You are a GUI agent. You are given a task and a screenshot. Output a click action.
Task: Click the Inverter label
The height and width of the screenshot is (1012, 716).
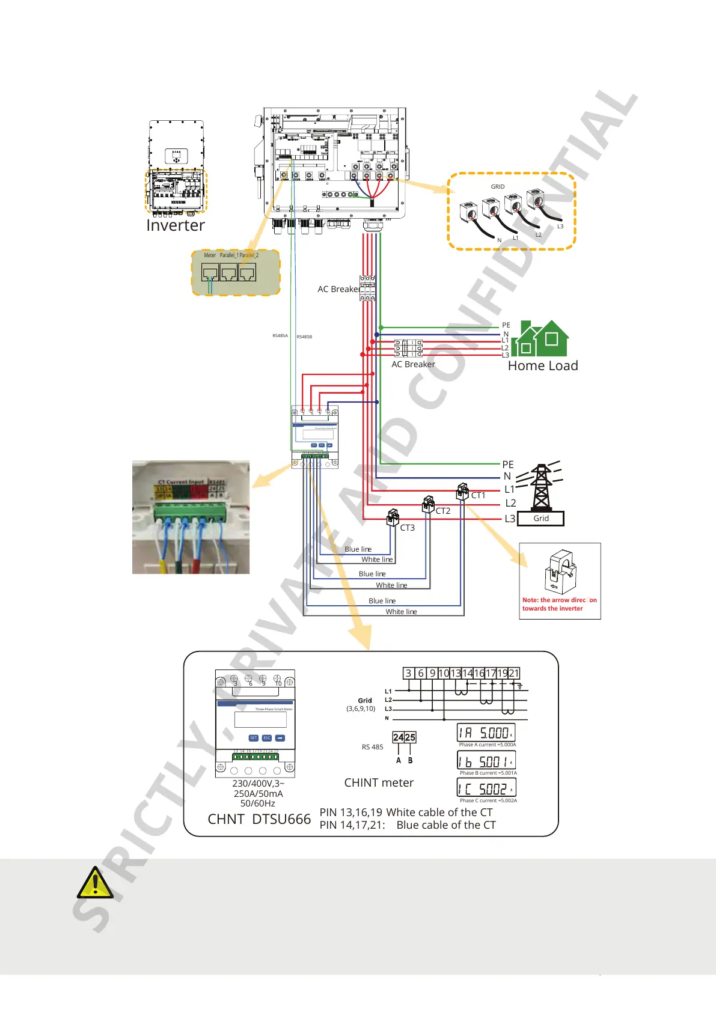click(x=176, y=225)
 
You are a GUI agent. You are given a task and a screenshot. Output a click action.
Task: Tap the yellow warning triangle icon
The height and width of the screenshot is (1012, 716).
click(x=94, y=883)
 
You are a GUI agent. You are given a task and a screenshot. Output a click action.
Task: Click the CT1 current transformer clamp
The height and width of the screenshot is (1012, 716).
click(x=462, y=492)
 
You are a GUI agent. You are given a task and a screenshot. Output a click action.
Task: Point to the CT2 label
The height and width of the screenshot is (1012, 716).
click(x=443, y=511)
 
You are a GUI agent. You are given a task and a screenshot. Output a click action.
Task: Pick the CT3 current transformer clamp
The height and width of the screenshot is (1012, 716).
click(x=393, y=517)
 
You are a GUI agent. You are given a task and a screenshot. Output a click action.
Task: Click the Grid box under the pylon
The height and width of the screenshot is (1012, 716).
click(x=540, y=519)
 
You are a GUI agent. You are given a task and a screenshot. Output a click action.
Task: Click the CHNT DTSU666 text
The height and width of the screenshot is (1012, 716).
click(x=259, y=819)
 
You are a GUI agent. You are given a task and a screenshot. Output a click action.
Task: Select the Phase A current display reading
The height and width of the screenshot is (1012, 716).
click(x=486, y=733)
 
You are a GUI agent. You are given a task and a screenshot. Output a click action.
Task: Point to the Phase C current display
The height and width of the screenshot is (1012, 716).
click(x=486, y=788)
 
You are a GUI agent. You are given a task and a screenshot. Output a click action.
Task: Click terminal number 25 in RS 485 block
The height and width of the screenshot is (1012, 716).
click(x=410, y=737)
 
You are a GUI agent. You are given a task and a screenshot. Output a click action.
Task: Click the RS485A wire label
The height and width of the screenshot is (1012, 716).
click(x=280, y=336)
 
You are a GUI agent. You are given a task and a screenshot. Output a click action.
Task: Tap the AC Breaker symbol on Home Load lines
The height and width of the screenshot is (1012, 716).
click(x=409, y=348)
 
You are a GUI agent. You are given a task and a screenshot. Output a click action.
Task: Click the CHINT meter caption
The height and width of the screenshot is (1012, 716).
click(x=379, y=782)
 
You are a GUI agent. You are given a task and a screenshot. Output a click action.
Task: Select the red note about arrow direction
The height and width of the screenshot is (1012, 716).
click(x=559, y=604)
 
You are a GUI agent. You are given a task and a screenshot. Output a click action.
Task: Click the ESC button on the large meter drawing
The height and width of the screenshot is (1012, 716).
click(x=267, y=738)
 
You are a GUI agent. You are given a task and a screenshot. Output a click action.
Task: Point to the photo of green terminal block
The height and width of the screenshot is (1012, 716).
click(x=191, y=517)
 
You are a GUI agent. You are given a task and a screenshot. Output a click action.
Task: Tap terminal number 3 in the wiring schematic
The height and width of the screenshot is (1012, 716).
click(x=409, y=673)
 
